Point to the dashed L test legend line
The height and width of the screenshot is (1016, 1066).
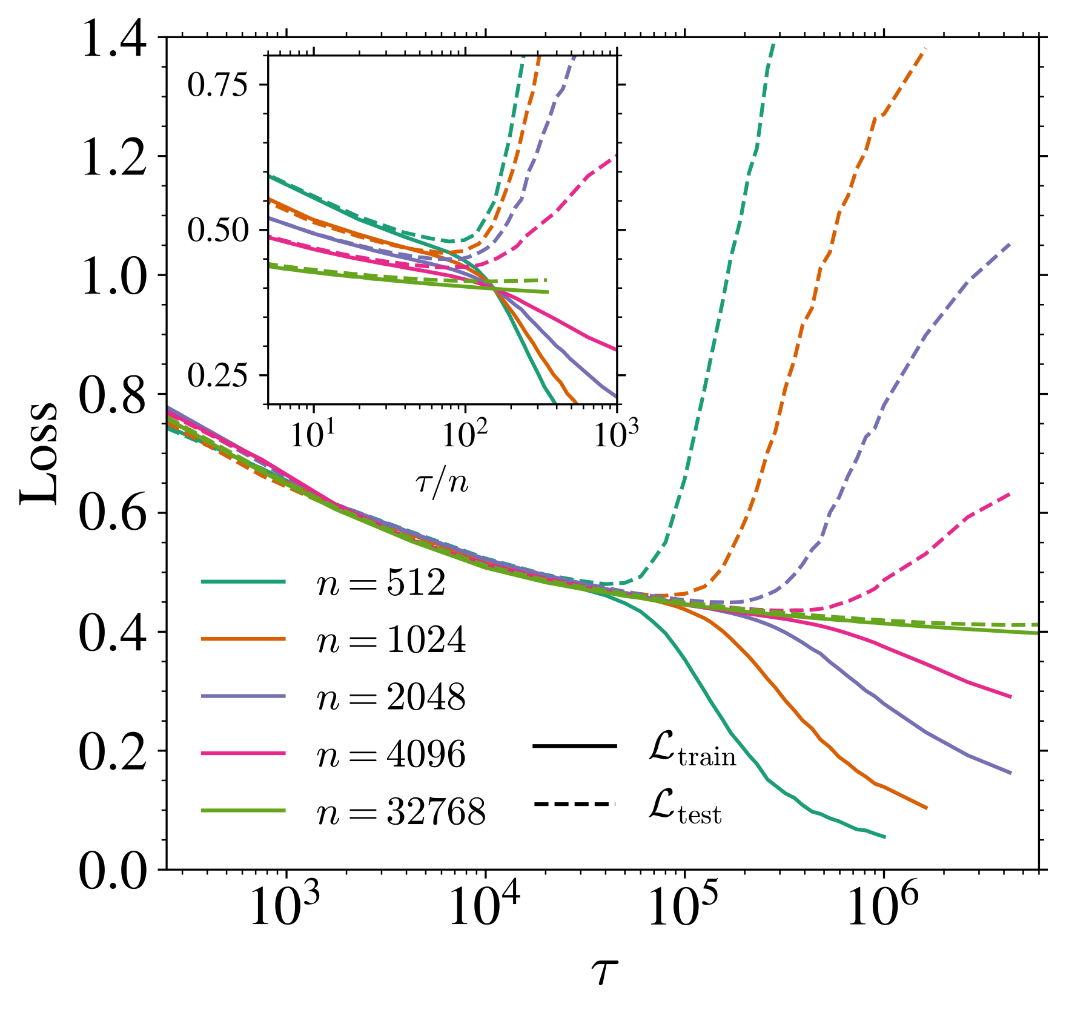(x=574, y=804)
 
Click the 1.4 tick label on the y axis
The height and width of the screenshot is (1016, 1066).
(x=114, y=40)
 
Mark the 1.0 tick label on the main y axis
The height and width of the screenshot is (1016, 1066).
(x=114, y=278)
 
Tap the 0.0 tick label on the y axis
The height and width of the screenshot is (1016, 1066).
(x=114, y=871)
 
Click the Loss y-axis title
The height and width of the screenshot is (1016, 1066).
(x=40, y=454)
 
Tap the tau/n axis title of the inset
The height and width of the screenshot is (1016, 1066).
(x=443, y=483)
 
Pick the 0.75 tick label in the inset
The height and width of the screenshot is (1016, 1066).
(x=218, y=85)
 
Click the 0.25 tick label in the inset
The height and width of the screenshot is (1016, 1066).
(x=218, y=375)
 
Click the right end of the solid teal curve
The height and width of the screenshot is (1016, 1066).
(x=885, y=837)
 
